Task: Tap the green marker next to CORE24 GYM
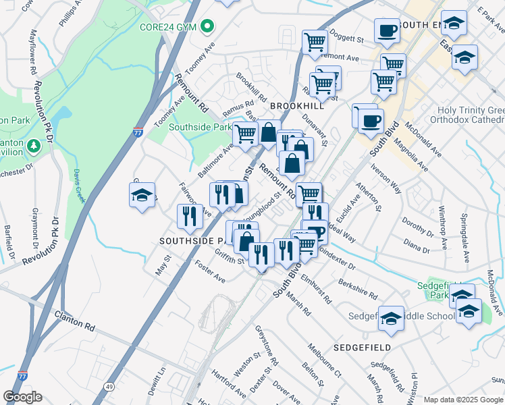pos(208,27)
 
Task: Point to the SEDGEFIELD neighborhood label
pos(362,347)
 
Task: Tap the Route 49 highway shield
pos(109,386)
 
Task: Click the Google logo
pos(22,397)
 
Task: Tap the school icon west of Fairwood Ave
pos(142,195)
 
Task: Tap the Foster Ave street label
pos(209,273)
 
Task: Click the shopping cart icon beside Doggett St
pos(315,42)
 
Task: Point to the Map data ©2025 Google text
pos(463,400)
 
